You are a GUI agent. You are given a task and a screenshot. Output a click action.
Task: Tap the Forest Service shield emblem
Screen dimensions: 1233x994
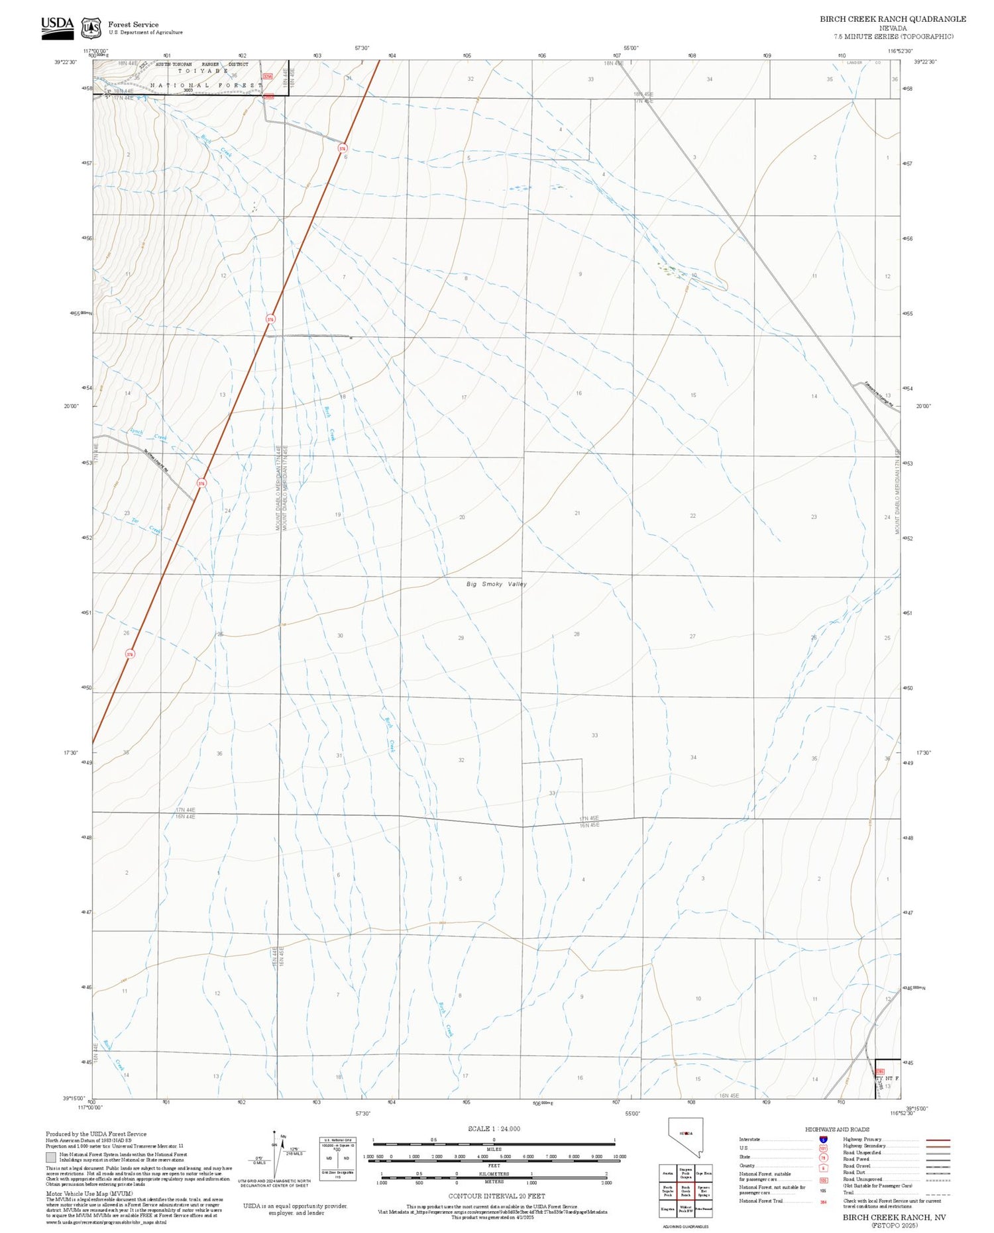90,28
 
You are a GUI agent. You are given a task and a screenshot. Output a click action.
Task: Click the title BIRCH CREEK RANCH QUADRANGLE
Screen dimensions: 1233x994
893,19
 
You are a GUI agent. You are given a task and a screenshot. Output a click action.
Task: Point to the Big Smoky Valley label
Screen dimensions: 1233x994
496,584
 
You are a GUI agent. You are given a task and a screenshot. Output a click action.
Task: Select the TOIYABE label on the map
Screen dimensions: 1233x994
203,71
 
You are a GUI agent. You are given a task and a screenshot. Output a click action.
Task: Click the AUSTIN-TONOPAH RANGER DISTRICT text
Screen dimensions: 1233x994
201,64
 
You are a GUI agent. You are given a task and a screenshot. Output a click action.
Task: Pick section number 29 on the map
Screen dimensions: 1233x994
461,638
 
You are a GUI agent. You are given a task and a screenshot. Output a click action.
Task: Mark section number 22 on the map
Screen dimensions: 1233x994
692,515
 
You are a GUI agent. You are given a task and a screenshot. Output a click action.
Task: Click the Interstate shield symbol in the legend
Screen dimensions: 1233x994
823,1140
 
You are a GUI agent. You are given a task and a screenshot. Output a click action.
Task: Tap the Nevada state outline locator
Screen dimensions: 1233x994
686,1136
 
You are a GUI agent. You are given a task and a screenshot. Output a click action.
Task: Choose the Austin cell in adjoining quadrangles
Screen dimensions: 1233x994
668,1173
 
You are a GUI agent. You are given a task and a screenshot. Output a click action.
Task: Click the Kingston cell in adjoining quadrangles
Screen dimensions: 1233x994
668,1208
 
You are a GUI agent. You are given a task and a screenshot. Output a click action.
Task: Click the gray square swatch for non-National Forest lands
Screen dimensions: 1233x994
51,1157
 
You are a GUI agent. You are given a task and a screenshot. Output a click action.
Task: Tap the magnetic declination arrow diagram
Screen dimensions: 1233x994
274,1153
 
